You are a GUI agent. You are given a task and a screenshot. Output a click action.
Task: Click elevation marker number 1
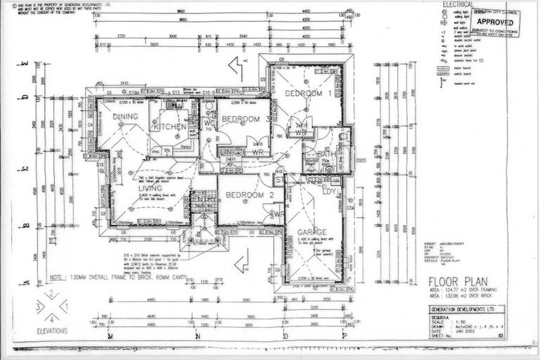click(x=65, y=307)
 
